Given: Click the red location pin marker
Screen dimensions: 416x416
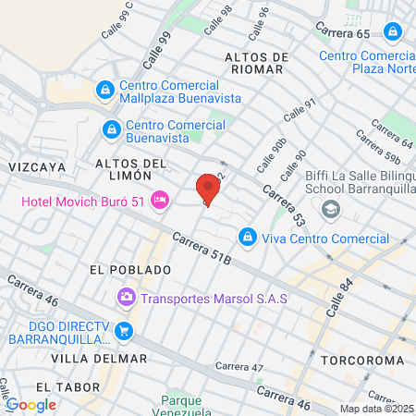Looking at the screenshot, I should point(208,190).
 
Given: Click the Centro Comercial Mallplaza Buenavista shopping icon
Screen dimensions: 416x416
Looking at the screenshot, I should point(105,90).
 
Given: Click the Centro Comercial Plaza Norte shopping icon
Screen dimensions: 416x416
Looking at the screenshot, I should point(393,32).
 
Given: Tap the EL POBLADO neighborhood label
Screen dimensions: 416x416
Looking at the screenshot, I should point(130,270).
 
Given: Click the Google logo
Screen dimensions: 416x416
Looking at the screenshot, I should point(31,404).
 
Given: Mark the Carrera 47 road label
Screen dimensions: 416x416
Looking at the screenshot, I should point(239,367).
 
